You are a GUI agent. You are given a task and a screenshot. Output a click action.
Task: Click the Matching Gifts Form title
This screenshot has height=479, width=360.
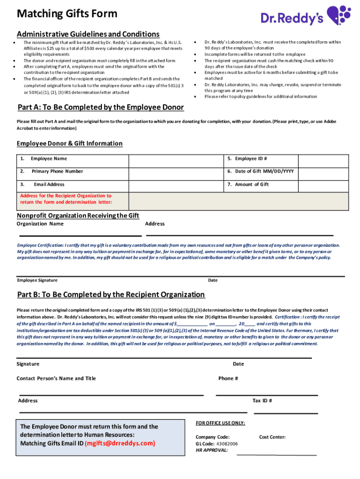(67, 14)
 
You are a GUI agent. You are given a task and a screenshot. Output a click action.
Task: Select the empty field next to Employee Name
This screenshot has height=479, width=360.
(176, 159)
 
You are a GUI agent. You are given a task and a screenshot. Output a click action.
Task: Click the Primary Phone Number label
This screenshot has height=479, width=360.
(57, 172)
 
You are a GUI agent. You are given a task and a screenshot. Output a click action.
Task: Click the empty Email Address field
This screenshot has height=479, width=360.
(176, 184)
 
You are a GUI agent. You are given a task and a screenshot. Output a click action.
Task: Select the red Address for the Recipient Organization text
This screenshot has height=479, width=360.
(66, 199)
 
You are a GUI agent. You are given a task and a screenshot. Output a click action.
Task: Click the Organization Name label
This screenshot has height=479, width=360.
(40, 224)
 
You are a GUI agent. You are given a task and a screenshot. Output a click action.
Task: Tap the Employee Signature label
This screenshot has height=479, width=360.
(37, 280)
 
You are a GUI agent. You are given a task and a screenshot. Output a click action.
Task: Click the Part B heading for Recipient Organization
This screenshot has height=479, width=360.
(111, 295)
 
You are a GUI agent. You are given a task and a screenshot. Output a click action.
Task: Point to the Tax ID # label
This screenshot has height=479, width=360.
(262, 400)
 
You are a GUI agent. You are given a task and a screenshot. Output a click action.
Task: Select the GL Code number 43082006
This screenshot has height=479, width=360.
(226, 444)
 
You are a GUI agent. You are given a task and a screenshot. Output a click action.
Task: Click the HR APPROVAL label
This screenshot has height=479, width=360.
(212, 450)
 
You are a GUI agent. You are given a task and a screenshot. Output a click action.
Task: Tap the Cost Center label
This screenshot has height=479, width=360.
(272, 437)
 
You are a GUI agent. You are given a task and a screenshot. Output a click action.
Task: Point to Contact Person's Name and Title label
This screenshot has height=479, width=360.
(56, 378)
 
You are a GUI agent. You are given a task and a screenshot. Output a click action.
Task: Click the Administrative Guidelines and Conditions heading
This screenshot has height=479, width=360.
(88, 34)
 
